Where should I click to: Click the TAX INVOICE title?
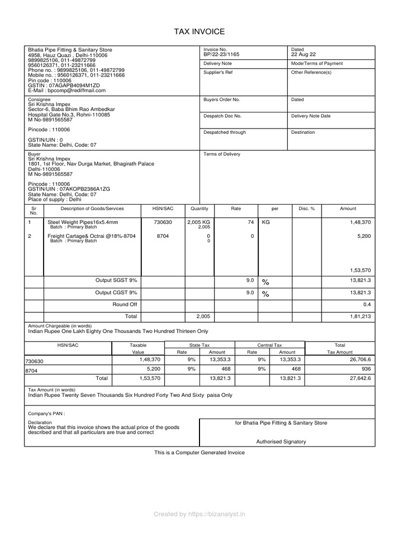199,32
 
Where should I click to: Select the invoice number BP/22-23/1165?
222,54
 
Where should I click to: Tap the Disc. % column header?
307,209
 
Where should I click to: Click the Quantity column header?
199,209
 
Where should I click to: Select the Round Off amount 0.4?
367,304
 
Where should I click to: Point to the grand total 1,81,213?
360,316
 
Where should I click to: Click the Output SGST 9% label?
116,281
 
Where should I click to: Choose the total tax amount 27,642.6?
360,378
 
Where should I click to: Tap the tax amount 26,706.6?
360,360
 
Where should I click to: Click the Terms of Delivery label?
222,154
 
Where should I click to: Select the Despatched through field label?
224,132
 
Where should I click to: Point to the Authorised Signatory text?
281,441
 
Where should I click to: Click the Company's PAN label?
47,414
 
